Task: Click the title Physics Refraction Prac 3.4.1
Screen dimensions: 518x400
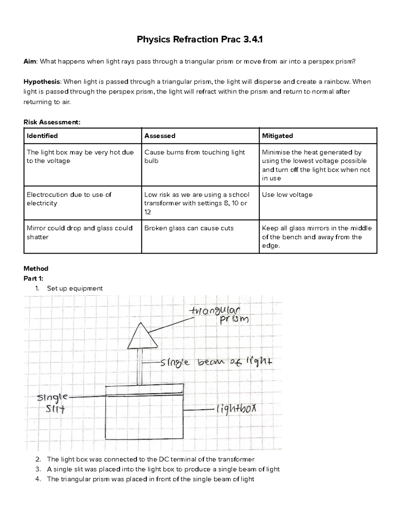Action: coord(200,40)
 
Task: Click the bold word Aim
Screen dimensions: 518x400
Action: coord(30,61)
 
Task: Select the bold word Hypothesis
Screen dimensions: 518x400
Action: coord(42,82)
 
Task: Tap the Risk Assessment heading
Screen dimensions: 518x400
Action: coord(52,122)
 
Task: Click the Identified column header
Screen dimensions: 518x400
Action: coord(42,136)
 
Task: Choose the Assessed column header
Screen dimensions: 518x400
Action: coord(160,136)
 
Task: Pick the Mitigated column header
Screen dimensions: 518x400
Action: coord(277,136)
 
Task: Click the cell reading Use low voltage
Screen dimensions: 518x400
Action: coord(287,194)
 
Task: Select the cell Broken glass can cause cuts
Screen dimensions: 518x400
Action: coord(189,228)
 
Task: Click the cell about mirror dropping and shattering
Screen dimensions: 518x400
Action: coord(79,232)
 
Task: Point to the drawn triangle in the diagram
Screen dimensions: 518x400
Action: coord(142,339)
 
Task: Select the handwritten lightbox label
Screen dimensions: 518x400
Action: coord(237,409)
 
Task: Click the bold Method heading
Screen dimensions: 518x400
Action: coord(36,269)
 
